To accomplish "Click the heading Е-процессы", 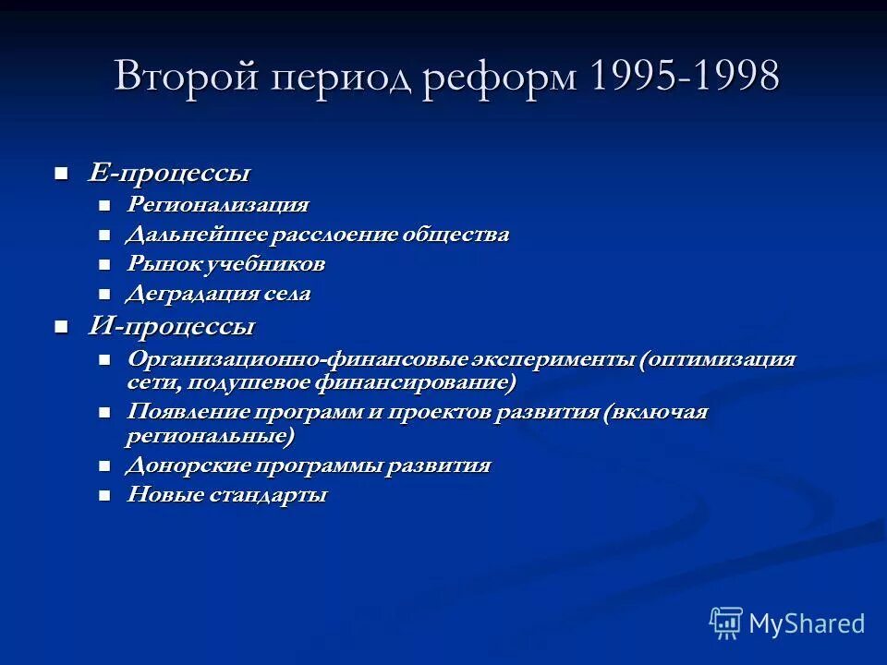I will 169,173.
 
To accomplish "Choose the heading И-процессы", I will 171,326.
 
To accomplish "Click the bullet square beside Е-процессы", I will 62,174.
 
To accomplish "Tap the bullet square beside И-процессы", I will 62,327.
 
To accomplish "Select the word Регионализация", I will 218,204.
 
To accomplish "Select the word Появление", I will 192,412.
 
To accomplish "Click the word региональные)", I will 211,435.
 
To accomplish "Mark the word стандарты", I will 280,495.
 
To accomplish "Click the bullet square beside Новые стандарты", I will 104,496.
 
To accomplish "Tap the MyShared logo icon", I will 726,623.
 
